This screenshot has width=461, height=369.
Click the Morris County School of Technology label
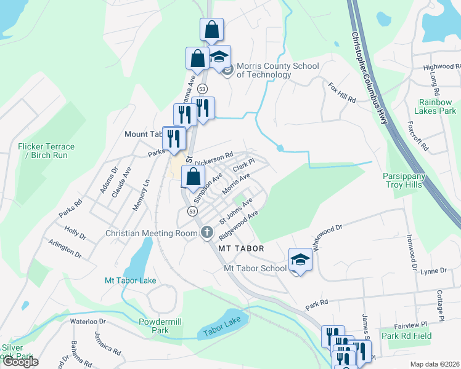click(269, 71)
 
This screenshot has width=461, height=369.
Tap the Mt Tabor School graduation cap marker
click(300, 260)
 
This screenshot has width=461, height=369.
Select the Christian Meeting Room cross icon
click(207, 233)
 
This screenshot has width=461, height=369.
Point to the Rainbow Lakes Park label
click(437, 106)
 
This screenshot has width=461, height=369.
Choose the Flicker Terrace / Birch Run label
click(46, 151)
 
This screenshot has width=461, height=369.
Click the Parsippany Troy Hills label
click(406, 180)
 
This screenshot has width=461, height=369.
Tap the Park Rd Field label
click(406, 336)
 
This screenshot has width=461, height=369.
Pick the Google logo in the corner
click(20, 362)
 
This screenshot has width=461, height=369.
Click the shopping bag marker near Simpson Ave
click(193, 177)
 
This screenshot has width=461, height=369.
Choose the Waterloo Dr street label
click(88, 321)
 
